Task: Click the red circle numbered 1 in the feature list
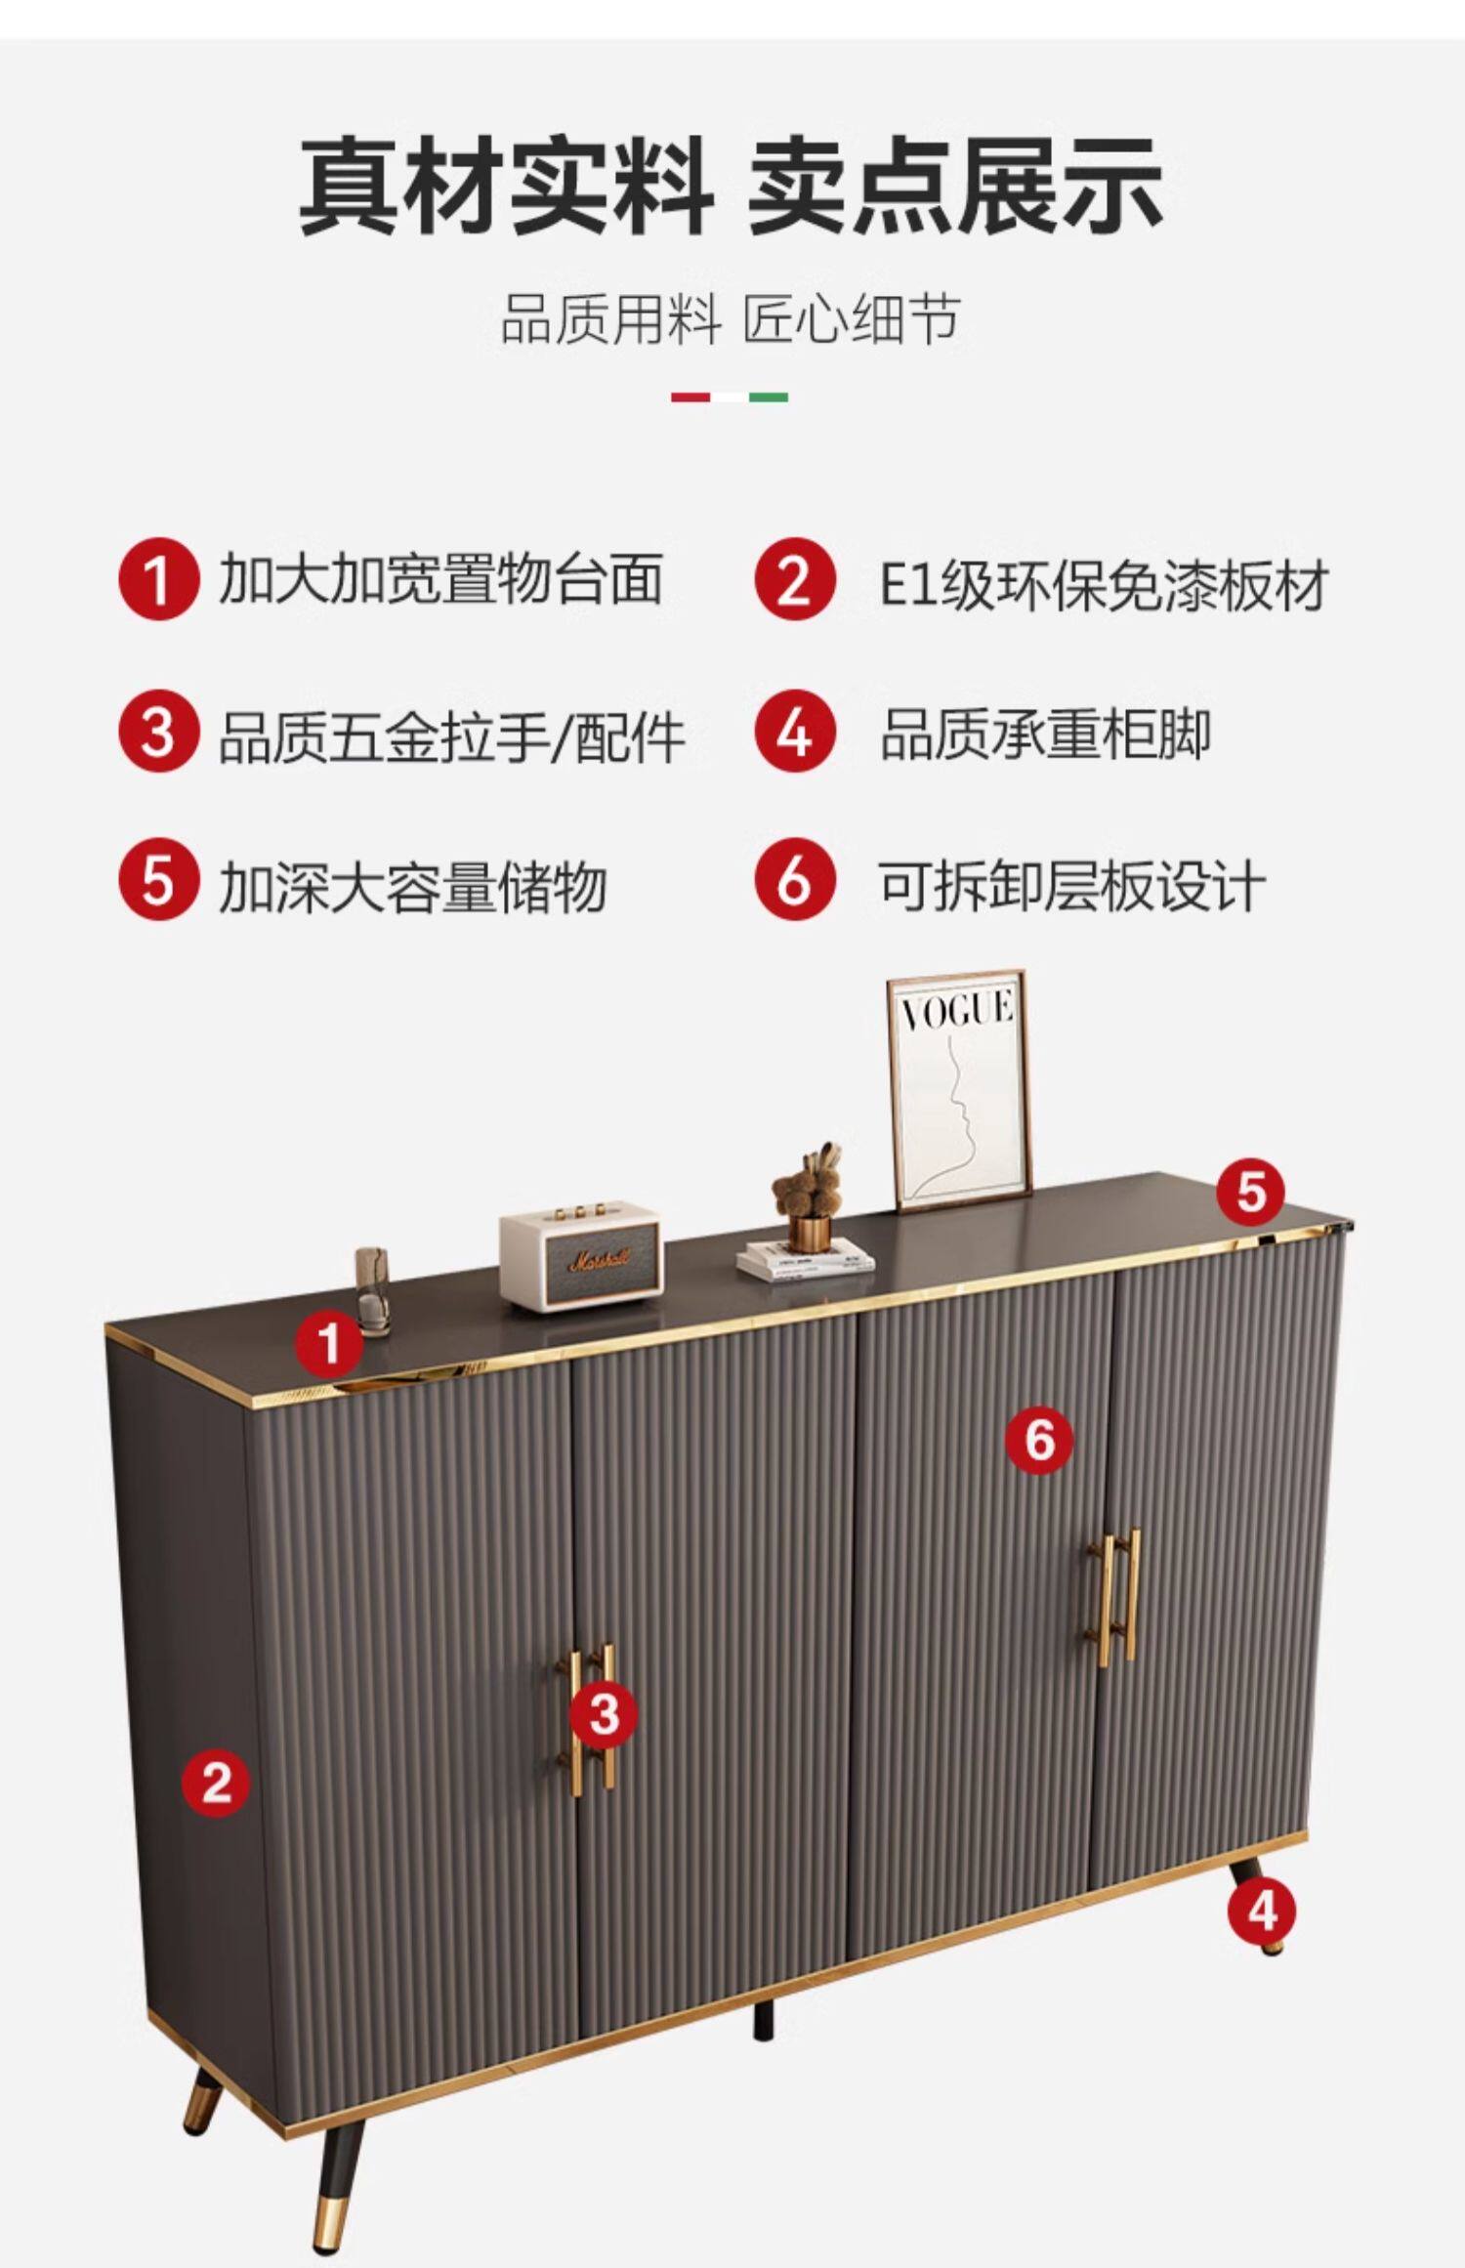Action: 158,579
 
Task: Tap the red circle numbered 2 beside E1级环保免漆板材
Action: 794,579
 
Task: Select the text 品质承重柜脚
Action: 1045,735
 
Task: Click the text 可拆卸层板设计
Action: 1071,886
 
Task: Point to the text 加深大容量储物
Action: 412,886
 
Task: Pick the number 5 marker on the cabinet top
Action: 1251,1192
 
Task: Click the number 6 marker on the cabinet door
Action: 1040,1440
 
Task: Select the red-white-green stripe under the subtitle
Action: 729,398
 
